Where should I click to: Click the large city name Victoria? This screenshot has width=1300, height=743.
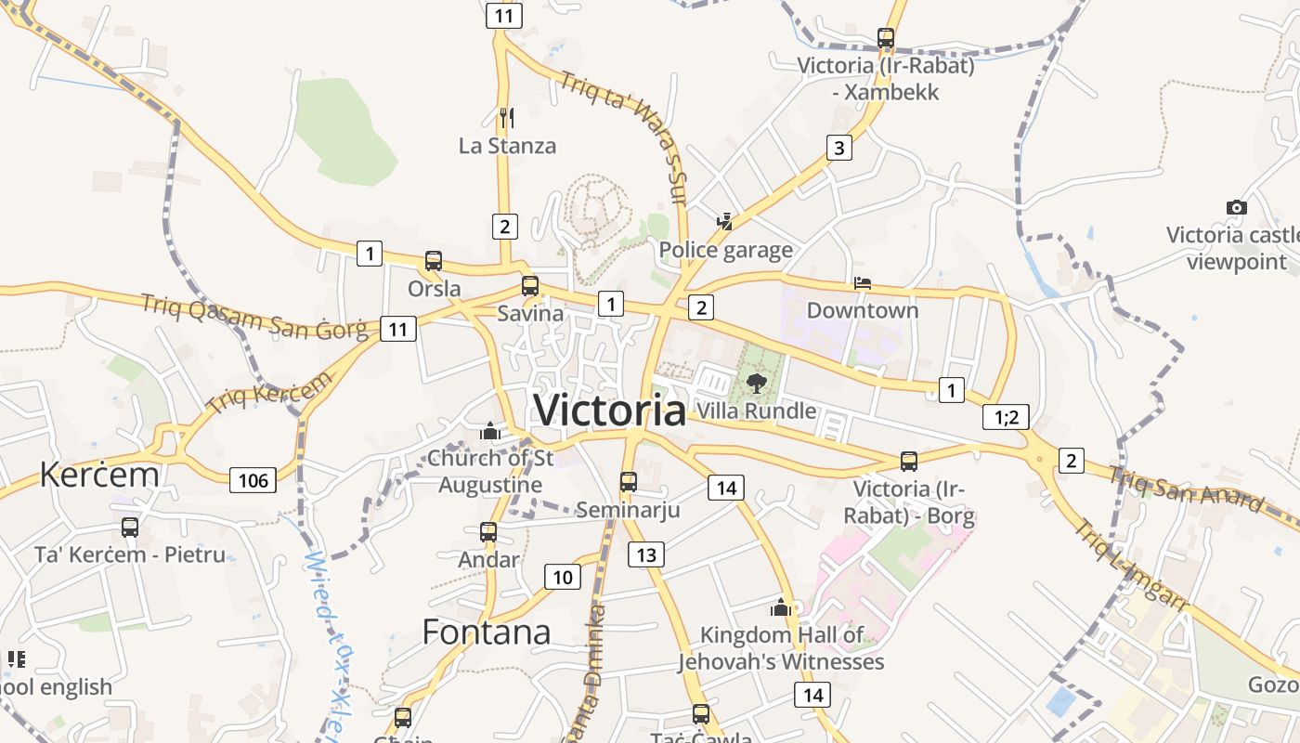click(610, 410)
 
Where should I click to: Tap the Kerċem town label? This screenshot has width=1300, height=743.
click(98, 475)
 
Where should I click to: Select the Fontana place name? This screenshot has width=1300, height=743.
click(486, 632)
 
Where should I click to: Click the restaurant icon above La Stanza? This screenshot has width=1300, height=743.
click(506, 117)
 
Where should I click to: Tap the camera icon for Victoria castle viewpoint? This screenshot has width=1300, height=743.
click(1236, 207)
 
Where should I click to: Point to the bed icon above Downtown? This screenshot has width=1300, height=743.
click(863, 282)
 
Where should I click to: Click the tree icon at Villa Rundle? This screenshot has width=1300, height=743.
click(757, 383)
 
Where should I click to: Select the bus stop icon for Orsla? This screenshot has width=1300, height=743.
click(434, 261)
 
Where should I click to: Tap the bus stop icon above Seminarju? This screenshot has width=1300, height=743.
click(629, 481)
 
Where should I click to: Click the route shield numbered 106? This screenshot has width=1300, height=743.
click(253, 479)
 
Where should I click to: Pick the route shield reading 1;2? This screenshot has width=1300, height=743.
click(1006, 417)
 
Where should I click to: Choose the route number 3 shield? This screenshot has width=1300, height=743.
click(838, 147)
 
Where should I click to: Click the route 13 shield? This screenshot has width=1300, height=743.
click(645, 554)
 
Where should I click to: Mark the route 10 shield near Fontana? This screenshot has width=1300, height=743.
click(562, 577)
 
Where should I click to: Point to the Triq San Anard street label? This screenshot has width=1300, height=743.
click(1186, 489)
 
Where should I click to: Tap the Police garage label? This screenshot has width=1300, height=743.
click(725, 250)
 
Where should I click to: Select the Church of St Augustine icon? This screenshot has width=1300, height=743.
click(489, 431)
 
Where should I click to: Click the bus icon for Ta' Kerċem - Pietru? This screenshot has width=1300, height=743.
click(130, 528)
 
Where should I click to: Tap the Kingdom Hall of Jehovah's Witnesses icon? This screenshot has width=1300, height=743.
click(780, 608)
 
